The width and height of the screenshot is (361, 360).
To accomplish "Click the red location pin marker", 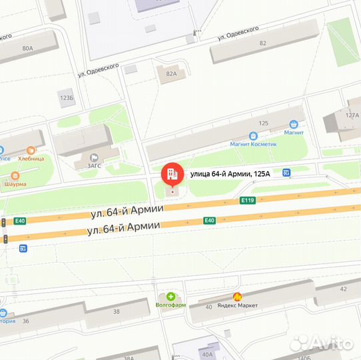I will (x=172, y=175).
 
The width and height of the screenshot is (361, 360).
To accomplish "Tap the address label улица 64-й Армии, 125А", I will (x=230, y=175).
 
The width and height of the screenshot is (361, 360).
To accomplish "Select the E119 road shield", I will (x=248, y=200).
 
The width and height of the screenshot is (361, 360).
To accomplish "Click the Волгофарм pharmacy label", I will (x=171, y=305).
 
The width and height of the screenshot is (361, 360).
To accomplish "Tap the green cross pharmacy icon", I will (x=171, y=296).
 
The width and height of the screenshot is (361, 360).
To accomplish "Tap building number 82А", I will (x=171, y=75).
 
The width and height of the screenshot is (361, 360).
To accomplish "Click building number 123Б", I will (x=67, y=97).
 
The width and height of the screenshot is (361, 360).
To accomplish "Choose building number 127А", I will (x=352, y=115).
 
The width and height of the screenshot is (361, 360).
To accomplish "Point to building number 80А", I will (x=27, y=49).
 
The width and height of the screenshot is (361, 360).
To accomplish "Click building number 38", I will (x=117, y=311).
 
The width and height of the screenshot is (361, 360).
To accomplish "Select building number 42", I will (x=343, y=289).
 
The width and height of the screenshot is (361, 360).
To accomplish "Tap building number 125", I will (x=263, y=123).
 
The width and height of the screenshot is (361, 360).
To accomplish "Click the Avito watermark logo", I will (x=321, y=343).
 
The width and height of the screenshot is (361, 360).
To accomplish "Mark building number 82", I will (x=263, y=43).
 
